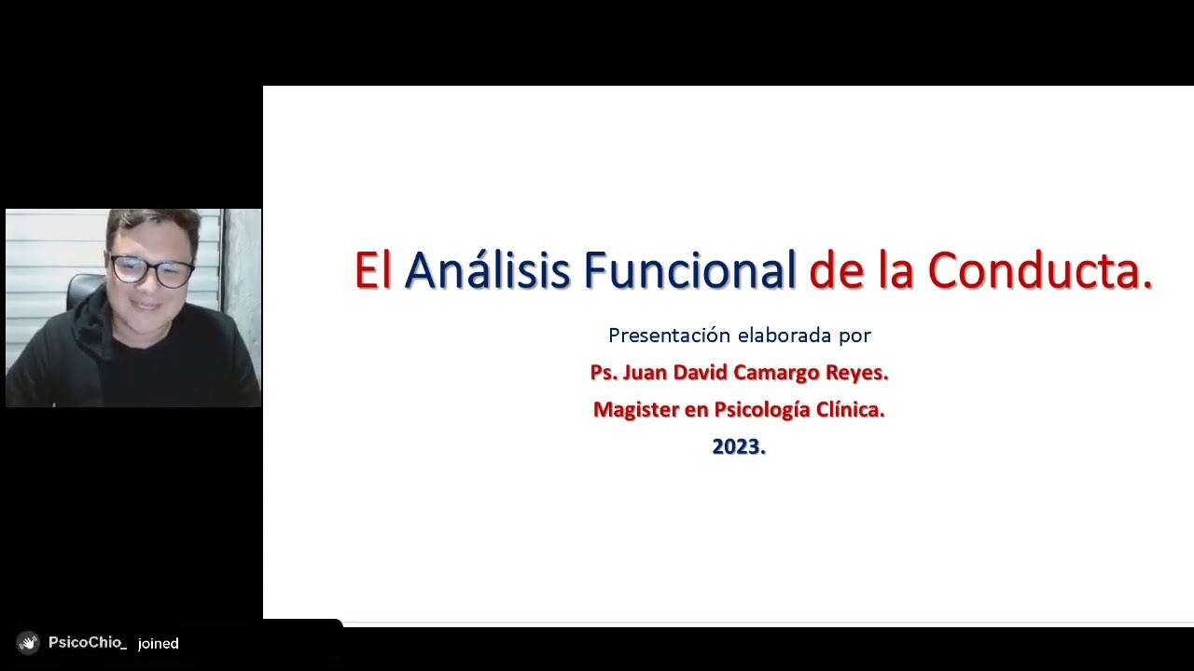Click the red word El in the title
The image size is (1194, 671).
pos(372,271)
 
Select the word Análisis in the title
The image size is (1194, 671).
pos(487,271)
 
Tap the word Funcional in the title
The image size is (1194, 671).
pos(689,271)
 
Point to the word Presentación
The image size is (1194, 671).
pos(669,335)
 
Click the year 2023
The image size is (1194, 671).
pos(738,447)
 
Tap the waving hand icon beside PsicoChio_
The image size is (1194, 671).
pos(28,643)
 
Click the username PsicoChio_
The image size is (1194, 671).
pos(87,643)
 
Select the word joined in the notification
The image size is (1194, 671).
pos(158,643)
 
